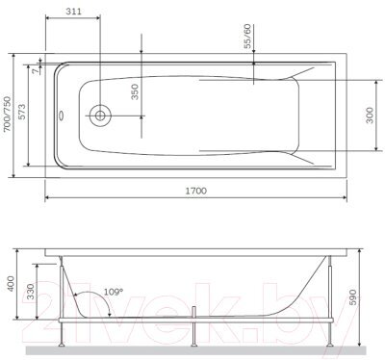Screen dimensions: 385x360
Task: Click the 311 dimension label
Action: (73, 12)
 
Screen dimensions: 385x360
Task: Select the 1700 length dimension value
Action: (196, 191)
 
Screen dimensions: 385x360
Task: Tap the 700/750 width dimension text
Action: (7, 114)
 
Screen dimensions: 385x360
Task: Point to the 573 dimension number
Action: (22, 112)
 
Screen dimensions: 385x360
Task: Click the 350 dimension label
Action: (135, 91)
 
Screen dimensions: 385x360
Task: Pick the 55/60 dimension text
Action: (248, 36)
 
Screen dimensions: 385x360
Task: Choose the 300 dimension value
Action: (370, 116)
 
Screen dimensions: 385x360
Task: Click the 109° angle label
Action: (113, 292)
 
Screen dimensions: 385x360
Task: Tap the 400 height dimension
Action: (11, 283)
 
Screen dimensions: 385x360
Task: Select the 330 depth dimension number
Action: (30, 292)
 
